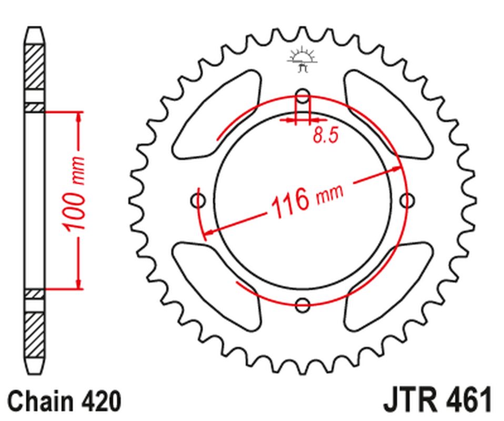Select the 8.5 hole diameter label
tap(325, 136)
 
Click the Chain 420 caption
tap(65, 401)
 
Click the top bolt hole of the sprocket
tap(303, 96)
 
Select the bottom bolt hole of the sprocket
tap(303, 304)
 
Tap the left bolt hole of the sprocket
tap(198, 200)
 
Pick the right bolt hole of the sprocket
tap(407, 200)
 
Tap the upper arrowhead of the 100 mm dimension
tap(79, 117)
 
